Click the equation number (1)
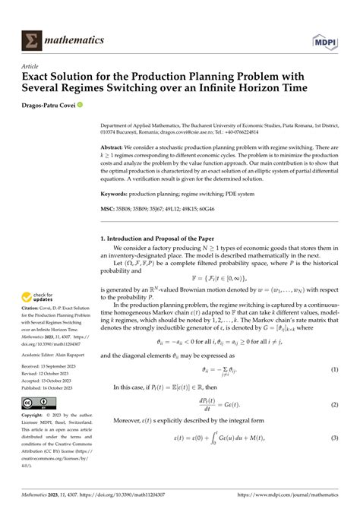(333, 369)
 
